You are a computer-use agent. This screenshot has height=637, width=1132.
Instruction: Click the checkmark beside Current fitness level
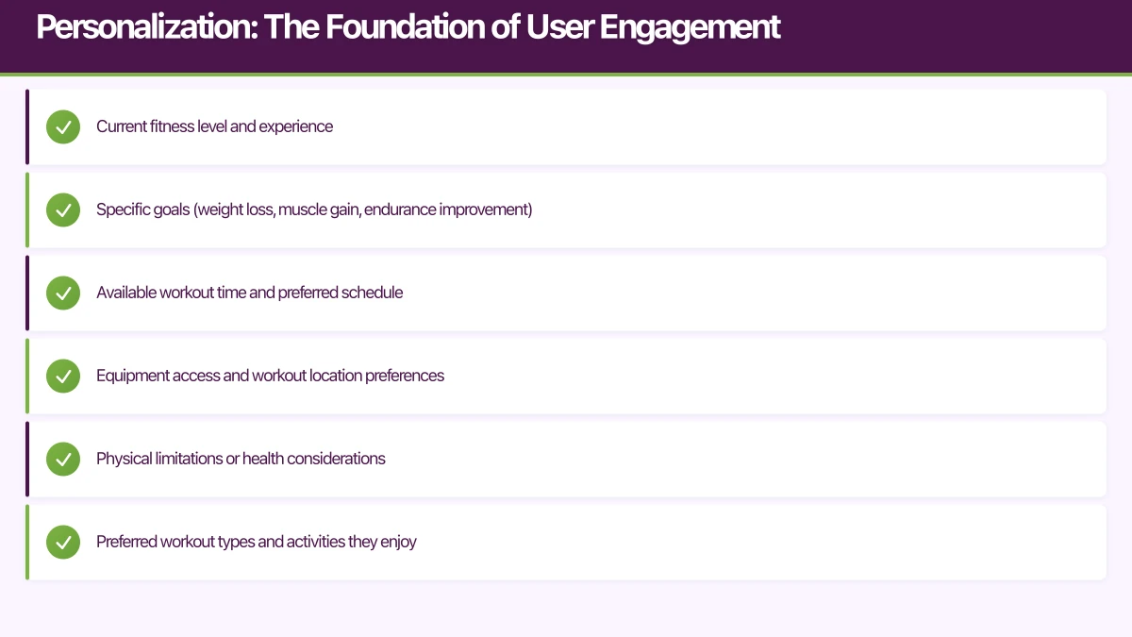click(x=63, y=126)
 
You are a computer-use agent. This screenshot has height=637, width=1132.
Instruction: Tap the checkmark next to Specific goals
click(x=63, y=210)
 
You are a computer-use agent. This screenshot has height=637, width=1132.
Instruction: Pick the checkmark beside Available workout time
click(x=63, y=293)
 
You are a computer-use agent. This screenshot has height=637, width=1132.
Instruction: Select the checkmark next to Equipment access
click(x=63, y=376)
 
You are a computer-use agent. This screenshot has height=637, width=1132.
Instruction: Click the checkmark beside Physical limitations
click(x=63, y=459)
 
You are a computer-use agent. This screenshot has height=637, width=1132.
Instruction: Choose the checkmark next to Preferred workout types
click(x=63, y=542)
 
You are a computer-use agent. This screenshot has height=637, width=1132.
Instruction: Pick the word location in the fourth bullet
click(x=335, y=376)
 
